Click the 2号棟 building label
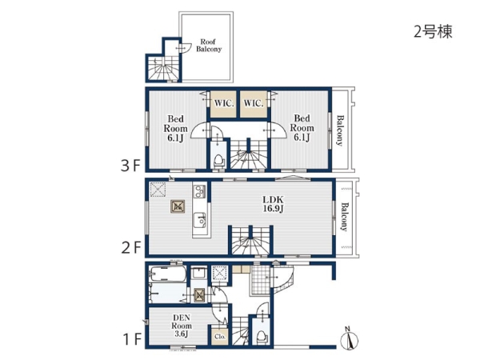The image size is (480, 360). coord(433,32)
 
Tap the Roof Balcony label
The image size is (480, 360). coord(209,46)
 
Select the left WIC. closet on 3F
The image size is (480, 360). coord(223,104)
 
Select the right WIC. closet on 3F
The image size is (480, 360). coord(254,104)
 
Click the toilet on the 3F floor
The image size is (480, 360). coord(218,160)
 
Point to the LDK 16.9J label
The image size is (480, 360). coord(273,204)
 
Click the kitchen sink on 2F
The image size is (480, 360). coord(199,220)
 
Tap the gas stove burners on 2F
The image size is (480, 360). coord(199,192)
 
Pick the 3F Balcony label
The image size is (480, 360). coord(340,130)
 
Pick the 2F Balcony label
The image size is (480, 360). coord(344,217)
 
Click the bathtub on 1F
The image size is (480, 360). coord(167,274)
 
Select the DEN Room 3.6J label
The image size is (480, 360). coord(182,326)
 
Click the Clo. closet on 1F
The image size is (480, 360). coord(220,336)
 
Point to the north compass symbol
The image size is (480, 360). coord(349,338)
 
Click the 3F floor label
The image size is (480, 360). coord(130,166)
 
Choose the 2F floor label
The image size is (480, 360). coord(130,248)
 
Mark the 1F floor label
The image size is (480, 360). coord(132,339)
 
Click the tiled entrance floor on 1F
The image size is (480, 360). coord(259,280)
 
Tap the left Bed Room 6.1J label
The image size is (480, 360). coord(175,129)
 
